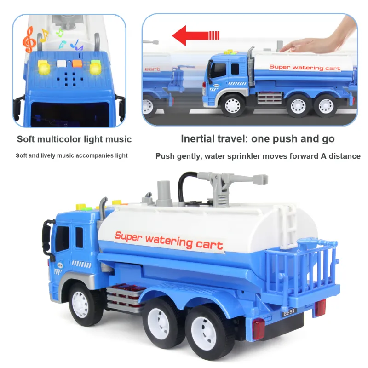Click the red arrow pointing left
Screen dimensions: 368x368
click(x=195, y=36)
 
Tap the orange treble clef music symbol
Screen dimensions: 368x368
click(x=29, y=40)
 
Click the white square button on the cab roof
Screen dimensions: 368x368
click(x=62, y=63)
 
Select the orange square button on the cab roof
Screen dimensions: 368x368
click(x=77, y=63)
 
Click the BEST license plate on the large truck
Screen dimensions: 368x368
click(x=289, y=312)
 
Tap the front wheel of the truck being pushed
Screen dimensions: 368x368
click(x=232, y=105)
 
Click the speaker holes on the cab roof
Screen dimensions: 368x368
click(x=70, y=79)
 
